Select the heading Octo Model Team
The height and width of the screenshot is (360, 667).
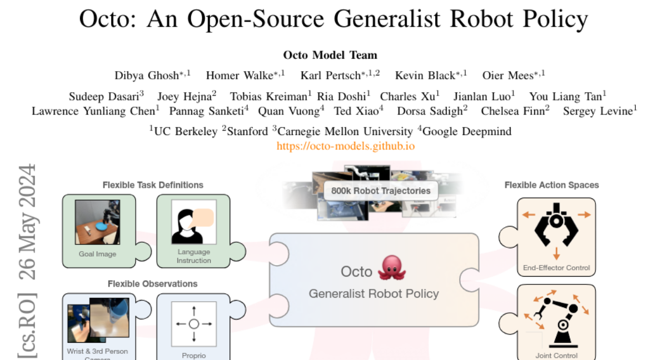330,55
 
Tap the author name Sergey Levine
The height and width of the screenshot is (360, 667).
598,112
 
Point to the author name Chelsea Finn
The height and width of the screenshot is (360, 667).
512,112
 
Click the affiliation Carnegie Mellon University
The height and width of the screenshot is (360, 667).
345,132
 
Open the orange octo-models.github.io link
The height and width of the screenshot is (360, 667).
346,146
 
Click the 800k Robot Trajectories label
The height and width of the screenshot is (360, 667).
381,191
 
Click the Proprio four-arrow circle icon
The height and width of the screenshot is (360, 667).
193,323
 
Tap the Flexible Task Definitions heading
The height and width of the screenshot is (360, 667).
153,185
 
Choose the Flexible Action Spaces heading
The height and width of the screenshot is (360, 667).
551,185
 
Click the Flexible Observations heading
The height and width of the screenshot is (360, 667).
152,284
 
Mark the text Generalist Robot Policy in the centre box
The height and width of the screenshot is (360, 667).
374,294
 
